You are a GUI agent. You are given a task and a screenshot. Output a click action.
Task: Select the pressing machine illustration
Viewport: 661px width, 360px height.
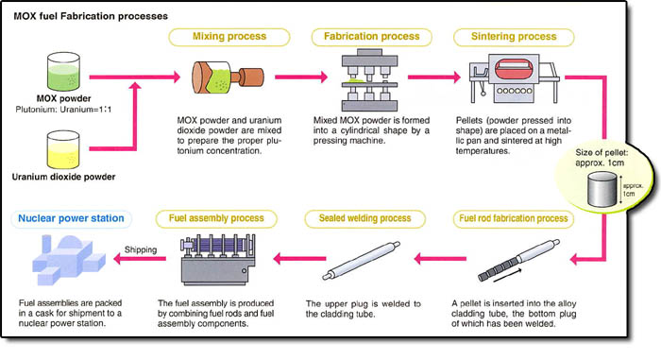click(364, 82)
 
